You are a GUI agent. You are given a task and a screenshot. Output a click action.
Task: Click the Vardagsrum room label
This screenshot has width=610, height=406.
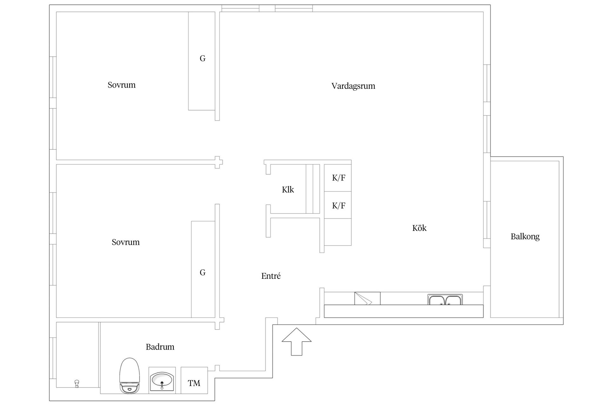coord(353,86)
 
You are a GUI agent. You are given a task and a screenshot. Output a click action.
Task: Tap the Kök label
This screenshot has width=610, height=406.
coord(419,228)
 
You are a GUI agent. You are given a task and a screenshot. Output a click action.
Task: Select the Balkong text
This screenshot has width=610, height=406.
coord(525,237)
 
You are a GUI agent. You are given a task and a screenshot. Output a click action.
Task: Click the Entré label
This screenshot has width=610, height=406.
coord(271,276)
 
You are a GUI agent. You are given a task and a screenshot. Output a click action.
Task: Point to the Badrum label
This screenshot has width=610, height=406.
coord(160,347)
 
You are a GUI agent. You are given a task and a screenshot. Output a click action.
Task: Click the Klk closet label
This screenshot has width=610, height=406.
coord(288,190)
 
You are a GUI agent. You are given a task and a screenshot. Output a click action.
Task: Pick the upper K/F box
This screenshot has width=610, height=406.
coord(338,178)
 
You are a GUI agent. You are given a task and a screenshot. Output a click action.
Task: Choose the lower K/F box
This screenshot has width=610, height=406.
coord(338,205)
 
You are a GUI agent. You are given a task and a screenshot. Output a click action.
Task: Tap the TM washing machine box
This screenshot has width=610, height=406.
coord(194,383)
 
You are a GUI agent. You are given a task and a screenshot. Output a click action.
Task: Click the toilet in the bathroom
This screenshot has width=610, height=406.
coord(130,376)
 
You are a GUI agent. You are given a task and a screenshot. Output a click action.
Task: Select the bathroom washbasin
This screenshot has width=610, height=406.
coord(162,380)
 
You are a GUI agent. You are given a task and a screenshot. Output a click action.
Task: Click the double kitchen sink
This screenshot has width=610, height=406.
coord(445,300)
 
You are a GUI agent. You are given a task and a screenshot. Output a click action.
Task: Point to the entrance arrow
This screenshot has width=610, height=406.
coord(296,342)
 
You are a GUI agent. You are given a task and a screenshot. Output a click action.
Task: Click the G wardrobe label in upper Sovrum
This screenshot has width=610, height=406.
coord(202,58)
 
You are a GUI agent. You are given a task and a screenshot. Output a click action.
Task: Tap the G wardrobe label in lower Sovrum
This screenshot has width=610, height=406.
coord(202,272)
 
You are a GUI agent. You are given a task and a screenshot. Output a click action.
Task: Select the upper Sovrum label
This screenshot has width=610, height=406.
coord(121,85)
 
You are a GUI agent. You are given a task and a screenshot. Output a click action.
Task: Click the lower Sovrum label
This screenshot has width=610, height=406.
coord(125,242)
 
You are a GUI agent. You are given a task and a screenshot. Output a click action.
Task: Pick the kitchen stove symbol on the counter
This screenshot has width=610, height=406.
coord(367,298)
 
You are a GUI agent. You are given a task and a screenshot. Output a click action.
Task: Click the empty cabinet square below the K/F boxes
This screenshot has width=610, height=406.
coord(338,232)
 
